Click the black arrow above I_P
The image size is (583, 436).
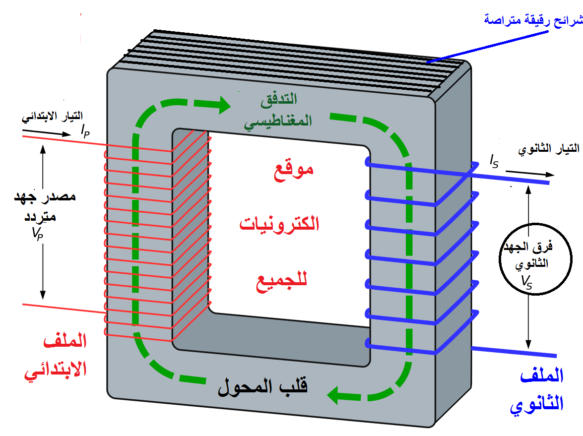pyautogui.click(x=48, y=133)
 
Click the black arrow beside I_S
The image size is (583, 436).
pyautogui.click(x=530, y=174)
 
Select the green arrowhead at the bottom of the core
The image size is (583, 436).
pyautogui.click(x=338, y=395)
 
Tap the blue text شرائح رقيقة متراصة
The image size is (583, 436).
pyautogui.click(x=533, y=20)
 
